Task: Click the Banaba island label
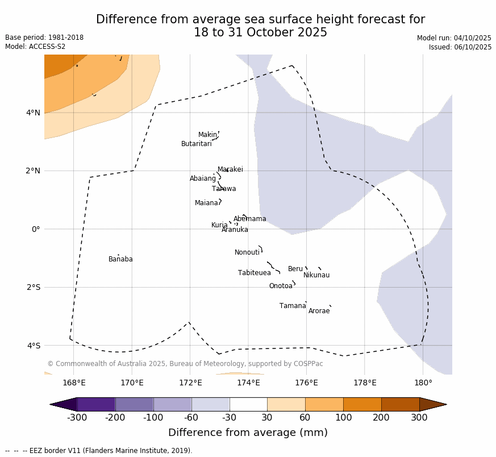coord(120,260)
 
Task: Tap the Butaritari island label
coord(197,144)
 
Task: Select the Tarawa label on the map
coord(224,189)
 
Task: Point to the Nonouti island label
coord(247,253)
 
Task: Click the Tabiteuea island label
coord(255,273)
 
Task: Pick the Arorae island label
coord(319,311)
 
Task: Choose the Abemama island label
coord(250,219)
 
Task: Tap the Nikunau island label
coord(316,276)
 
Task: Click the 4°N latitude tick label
coord(34,113)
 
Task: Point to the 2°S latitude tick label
coord(34,288)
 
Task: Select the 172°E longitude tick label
coord(190,383)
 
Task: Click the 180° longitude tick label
coord(423,383)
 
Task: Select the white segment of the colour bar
coord(248,404)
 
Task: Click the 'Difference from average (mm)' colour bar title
coord(248,433)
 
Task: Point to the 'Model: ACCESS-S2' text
coord(35,47)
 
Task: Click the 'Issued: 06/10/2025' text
coord(460,47)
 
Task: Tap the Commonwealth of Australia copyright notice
coord(185,364)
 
